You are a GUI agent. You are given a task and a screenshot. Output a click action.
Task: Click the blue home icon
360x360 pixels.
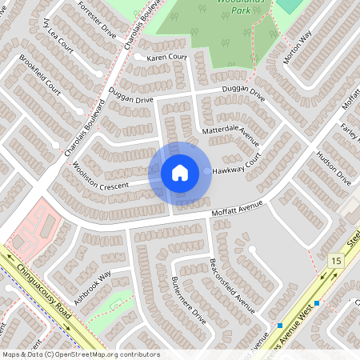(180, 172)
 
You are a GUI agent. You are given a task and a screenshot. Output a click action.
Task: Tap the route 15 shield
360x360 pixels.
(335, 260)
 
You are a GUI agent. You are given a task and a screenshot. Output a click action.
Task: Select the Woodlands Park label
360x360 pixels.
(239, 5)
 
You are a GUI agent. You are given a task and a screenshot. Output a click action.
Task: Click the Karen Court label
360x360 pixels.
(166, 58)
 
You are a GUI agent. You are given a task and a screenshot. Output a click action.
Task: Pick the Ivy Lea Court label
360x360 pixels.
(59, 34)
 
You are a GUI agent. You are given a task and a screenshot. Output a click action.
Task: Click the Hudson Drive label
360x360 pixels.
(334, 167)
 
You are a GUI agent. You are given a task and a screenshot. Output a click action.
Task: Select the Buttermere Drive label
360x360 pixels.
(189, 299)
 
